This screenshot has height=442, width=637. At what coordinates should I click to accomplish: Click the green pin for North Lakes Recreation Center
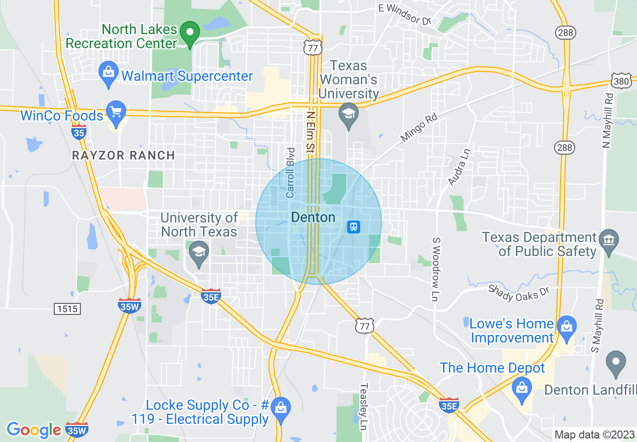coord(190,33)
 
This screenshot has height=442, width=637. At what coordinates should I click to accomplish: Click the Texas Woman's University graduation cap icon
coord(348,114)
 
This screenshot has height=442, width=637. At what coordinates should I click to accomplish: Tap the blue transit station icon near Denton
coord(354,227)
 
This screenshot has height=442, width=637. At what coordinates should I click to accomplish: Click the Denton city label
coord(313,217)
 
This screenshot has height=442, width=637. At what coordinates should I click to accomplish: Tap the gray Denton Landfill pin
coord(616,362)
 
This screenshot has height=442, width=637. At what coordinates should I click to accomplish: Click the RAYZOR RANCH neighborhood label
coord(124,155)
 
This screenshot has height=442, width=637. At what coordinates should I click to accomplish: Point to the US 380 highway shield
coord(621,80)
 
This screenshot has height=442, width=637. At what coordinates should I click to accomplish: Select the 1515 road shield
coord(67,308)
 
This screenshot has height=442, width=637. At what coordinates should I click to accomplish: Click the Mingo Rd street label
coord(419,129)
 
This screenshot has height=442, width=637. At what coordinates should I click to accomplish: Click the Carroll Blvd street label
coord(290,172)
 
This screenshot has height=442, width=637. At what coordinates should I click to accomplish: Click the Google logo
coord(34,430)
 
